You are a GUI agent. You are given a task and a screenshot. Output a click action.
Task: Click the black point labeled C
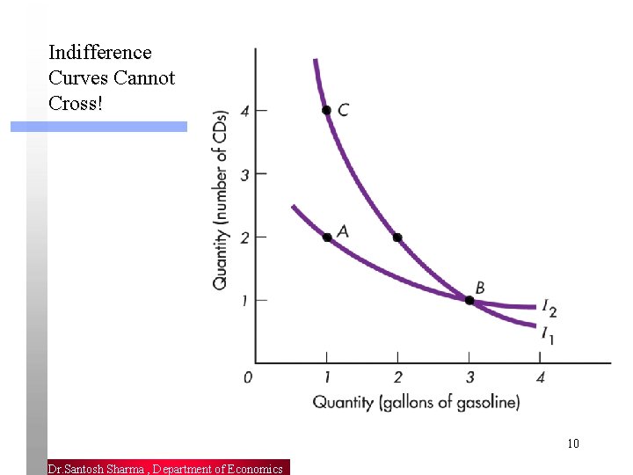[326, 110]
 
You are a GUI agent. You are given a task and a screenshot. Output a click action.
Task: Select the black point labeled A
[327, 237]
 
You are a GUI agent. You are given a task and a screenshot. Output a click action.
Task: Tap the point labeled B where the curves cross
[469, 301]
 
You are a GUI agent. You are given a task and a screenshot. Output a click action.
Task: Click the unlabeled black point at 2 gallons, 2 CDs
[397, 237]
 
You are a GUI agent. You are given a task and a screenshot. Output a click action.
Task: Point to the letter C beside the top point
[343, 110]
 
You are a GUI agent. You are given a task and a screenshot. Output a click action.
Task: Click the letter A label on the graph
[343, 230]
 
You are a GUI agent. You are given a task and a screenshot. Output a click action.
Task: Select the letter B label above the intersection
[480, 288]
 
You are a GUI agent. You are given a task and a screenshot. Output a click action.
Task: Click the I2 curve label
[549, 309]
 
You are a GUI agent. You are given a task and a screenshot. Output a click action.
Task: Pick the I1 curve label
[547, 333]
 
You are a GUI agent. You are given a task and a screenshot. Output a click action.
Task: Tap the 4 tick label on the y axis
[245, 111]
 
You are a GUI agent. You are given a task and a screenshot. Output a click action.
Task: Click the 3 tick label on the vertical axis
[245, 174]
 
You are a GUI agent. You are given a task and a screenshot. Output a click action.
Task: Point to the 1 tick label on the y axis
[245, 301]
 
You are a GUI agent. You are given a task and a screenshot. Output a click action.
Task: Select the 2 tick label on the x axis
[397, 378]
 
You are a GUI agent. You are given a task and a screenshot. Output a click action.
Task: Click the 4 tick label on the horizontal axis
[541, 378]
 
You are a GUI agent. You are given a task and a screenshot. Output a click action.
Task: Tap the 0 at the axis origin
[248, 378]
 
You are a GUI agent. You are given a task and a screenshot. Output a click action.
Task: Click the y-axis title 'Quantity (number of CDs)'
[221, 199]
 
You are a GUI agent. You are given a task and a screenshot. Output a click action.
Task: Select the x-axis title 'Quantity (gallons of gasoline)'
[416, 403]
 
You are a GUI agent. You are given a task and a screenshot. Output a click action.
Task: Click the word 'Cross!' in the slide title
[76, 103]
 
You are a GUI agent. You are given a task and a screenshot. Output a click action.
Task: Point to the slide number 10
[573, 443]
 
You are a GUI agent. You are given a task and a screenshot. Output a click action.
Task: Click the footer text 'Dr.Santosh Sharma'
[97, 469]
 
